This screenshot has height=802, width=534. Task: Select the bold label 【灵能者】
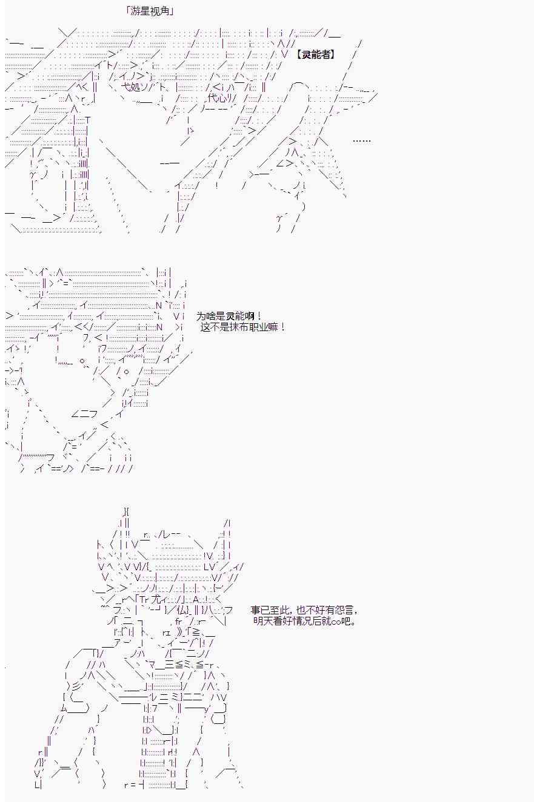tap(316, 54)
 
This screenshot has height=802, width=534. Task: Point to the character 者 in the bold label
tap(325, 54)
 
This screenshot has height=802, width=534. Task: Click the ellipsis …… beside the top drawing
tap(361, 140)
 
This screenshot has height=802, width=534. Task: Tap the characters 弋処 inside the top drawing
tap(132, 87)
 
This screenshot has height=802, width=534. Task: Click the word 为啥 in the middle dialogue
tap(206, 317)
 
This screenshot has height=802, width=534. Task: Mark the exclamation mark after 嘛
tap(283, 327)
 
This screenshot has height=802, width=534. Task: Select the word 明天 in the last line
tap(262, 621)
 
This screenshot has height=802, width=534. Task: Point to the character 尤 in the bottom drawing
tap(156, 599)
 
